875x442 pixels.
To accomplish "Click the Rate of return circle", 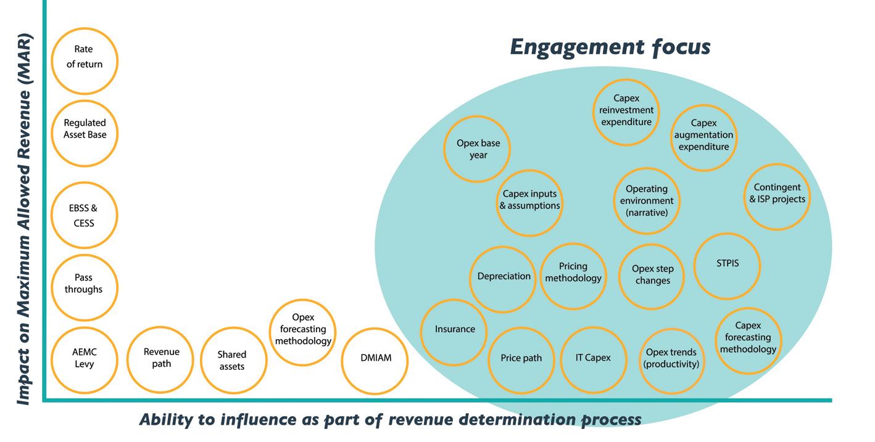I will click(x=85, y=60).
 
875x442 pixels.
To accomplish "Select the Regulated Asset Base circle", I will click(x=85, y=133).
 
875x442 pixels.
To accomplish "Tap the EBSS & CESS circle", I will click(x=84, y=215).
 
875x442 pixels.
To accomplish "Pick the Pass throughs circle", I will click(x=84, y=287).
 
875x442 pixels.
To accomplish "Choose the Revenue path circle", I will click(x=161, y=359).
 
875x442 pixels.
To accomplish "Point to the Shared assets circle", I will click(x=232, y=361).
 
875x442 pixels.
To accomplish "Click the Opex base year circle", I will click(x=478, y=149).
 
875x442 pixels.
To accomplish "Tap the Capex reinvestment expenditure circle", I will click(x=626, y=112).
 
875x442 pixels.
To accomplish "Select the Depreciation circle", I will click(x=504, y=277).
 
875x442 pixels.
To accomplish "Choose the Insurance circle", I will click(x=455, y=330).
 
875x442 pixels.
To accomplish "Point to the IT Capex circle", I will click(x=593, y=359).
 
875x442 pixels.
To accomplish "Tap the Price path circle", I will click(x=521, y=359).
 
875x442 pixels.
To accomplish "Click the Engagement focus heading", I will click(x=610, y=47).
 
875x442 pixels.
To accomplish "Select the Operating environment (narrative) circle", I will click(x=647, y=201).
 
